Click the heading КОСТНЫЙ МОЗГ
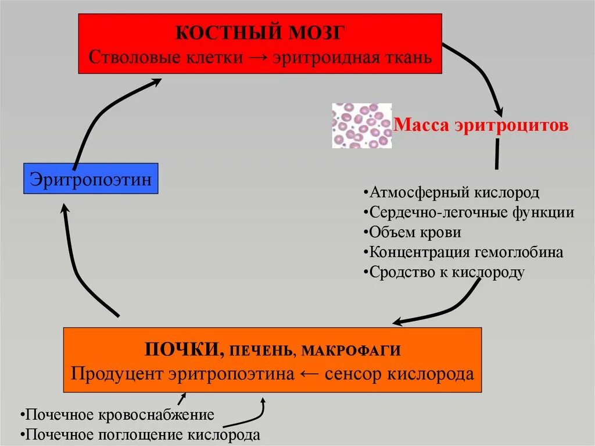tap(261, 33)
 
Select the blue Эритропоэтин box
tap(91, 179)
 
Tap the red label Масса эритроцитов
tap(481, 126)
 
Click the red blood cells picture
tap(361, 126)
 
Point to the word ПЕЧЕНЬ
tap(261, 351)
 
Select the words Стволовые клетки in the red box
tap(148, 58)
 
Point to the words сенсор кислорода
tap(399, 373)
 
